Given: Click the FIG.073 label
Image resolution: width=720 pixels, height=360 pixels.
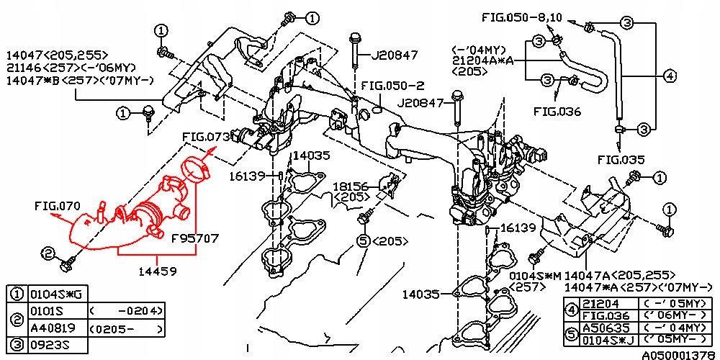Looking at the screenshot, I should (205, 136).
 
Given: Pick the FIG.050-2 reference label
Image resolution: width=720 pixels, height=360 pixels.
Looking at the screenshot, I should (392, 84).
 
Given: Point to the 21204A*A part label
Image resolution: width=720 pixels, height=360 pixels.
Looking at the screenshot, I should (482, 61).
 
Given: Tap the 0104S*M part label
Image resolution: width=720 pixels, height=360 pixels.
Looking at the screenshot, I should (536, 274).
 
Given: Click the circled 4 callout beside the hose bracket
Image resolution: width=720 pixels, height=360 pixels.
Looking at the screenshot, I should (669, 76).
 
